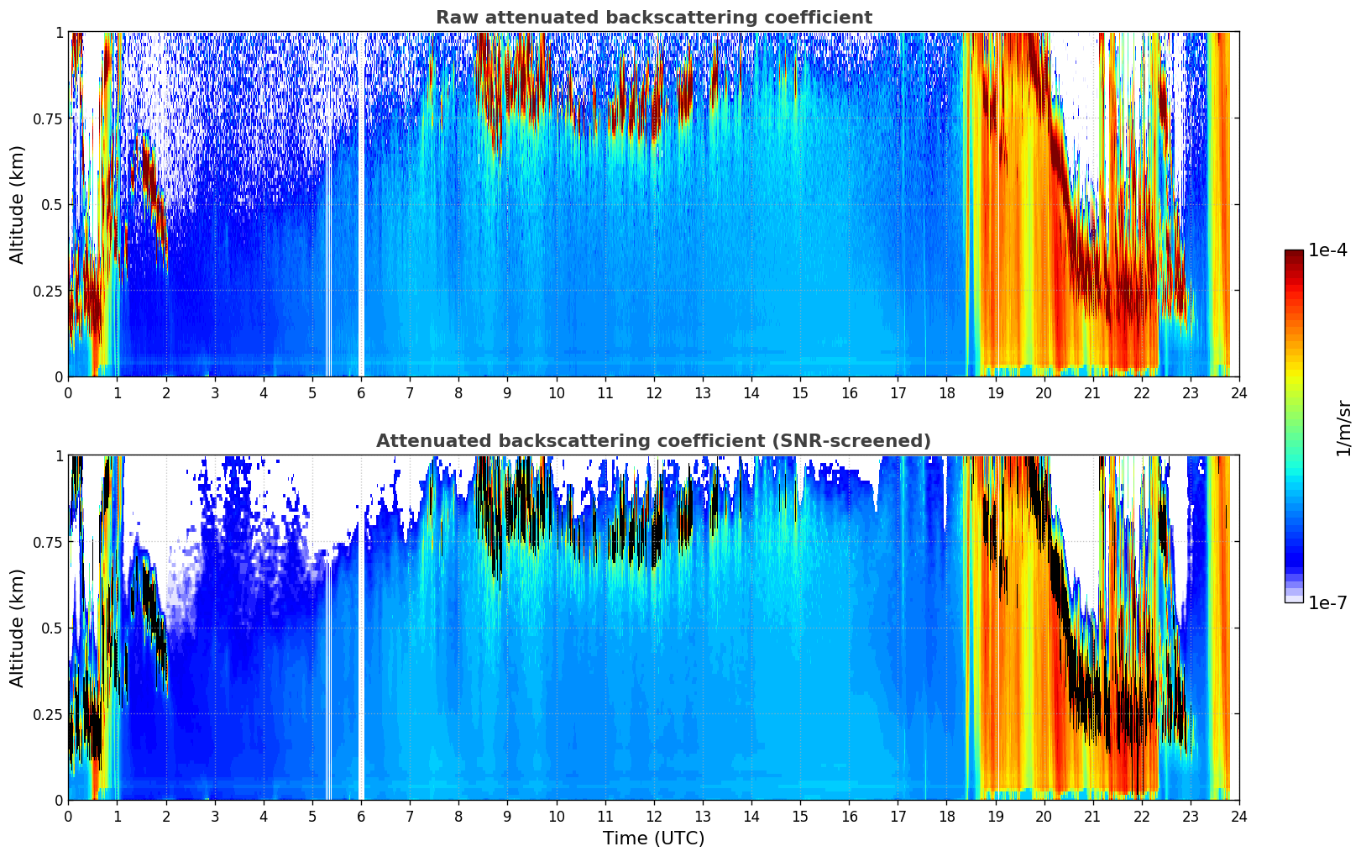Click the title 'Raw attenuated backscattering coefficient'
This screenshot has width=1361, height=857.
653,18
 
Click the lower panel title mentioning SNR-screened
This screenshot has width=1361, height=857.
653,441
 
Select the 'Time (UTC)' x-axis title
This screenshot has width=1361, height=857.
653,838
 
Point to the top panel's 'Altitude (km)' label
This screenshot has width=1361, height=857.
18,204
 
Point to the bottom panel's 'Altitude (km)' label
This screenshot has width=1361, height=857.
18,628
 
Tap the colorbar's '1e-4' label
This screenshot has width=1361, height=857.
1327,250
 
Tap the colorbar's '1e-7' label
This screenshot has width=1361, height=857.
1327,602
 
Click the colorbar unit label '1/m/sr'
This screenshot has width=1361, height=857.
1343,428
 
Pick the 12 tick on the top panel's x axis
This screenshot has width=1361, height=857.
654,392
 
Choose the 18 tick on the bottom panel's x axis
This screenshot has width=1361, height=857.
946,816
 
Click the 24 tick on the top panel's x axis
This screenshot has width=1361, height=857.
1239,392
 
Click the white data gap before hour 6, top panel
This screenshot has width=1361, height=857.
361,204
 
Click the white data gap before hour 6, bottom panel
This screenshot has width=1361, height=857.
361,628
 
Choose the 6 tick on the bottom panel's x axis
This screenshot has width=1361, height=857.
361,816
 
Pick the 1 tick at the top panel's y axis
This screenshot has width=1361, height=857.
59,32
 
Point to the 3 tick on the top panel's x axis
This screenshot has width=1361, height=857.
215,392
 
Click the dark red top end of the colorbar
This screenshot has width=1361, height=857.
1294,254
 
